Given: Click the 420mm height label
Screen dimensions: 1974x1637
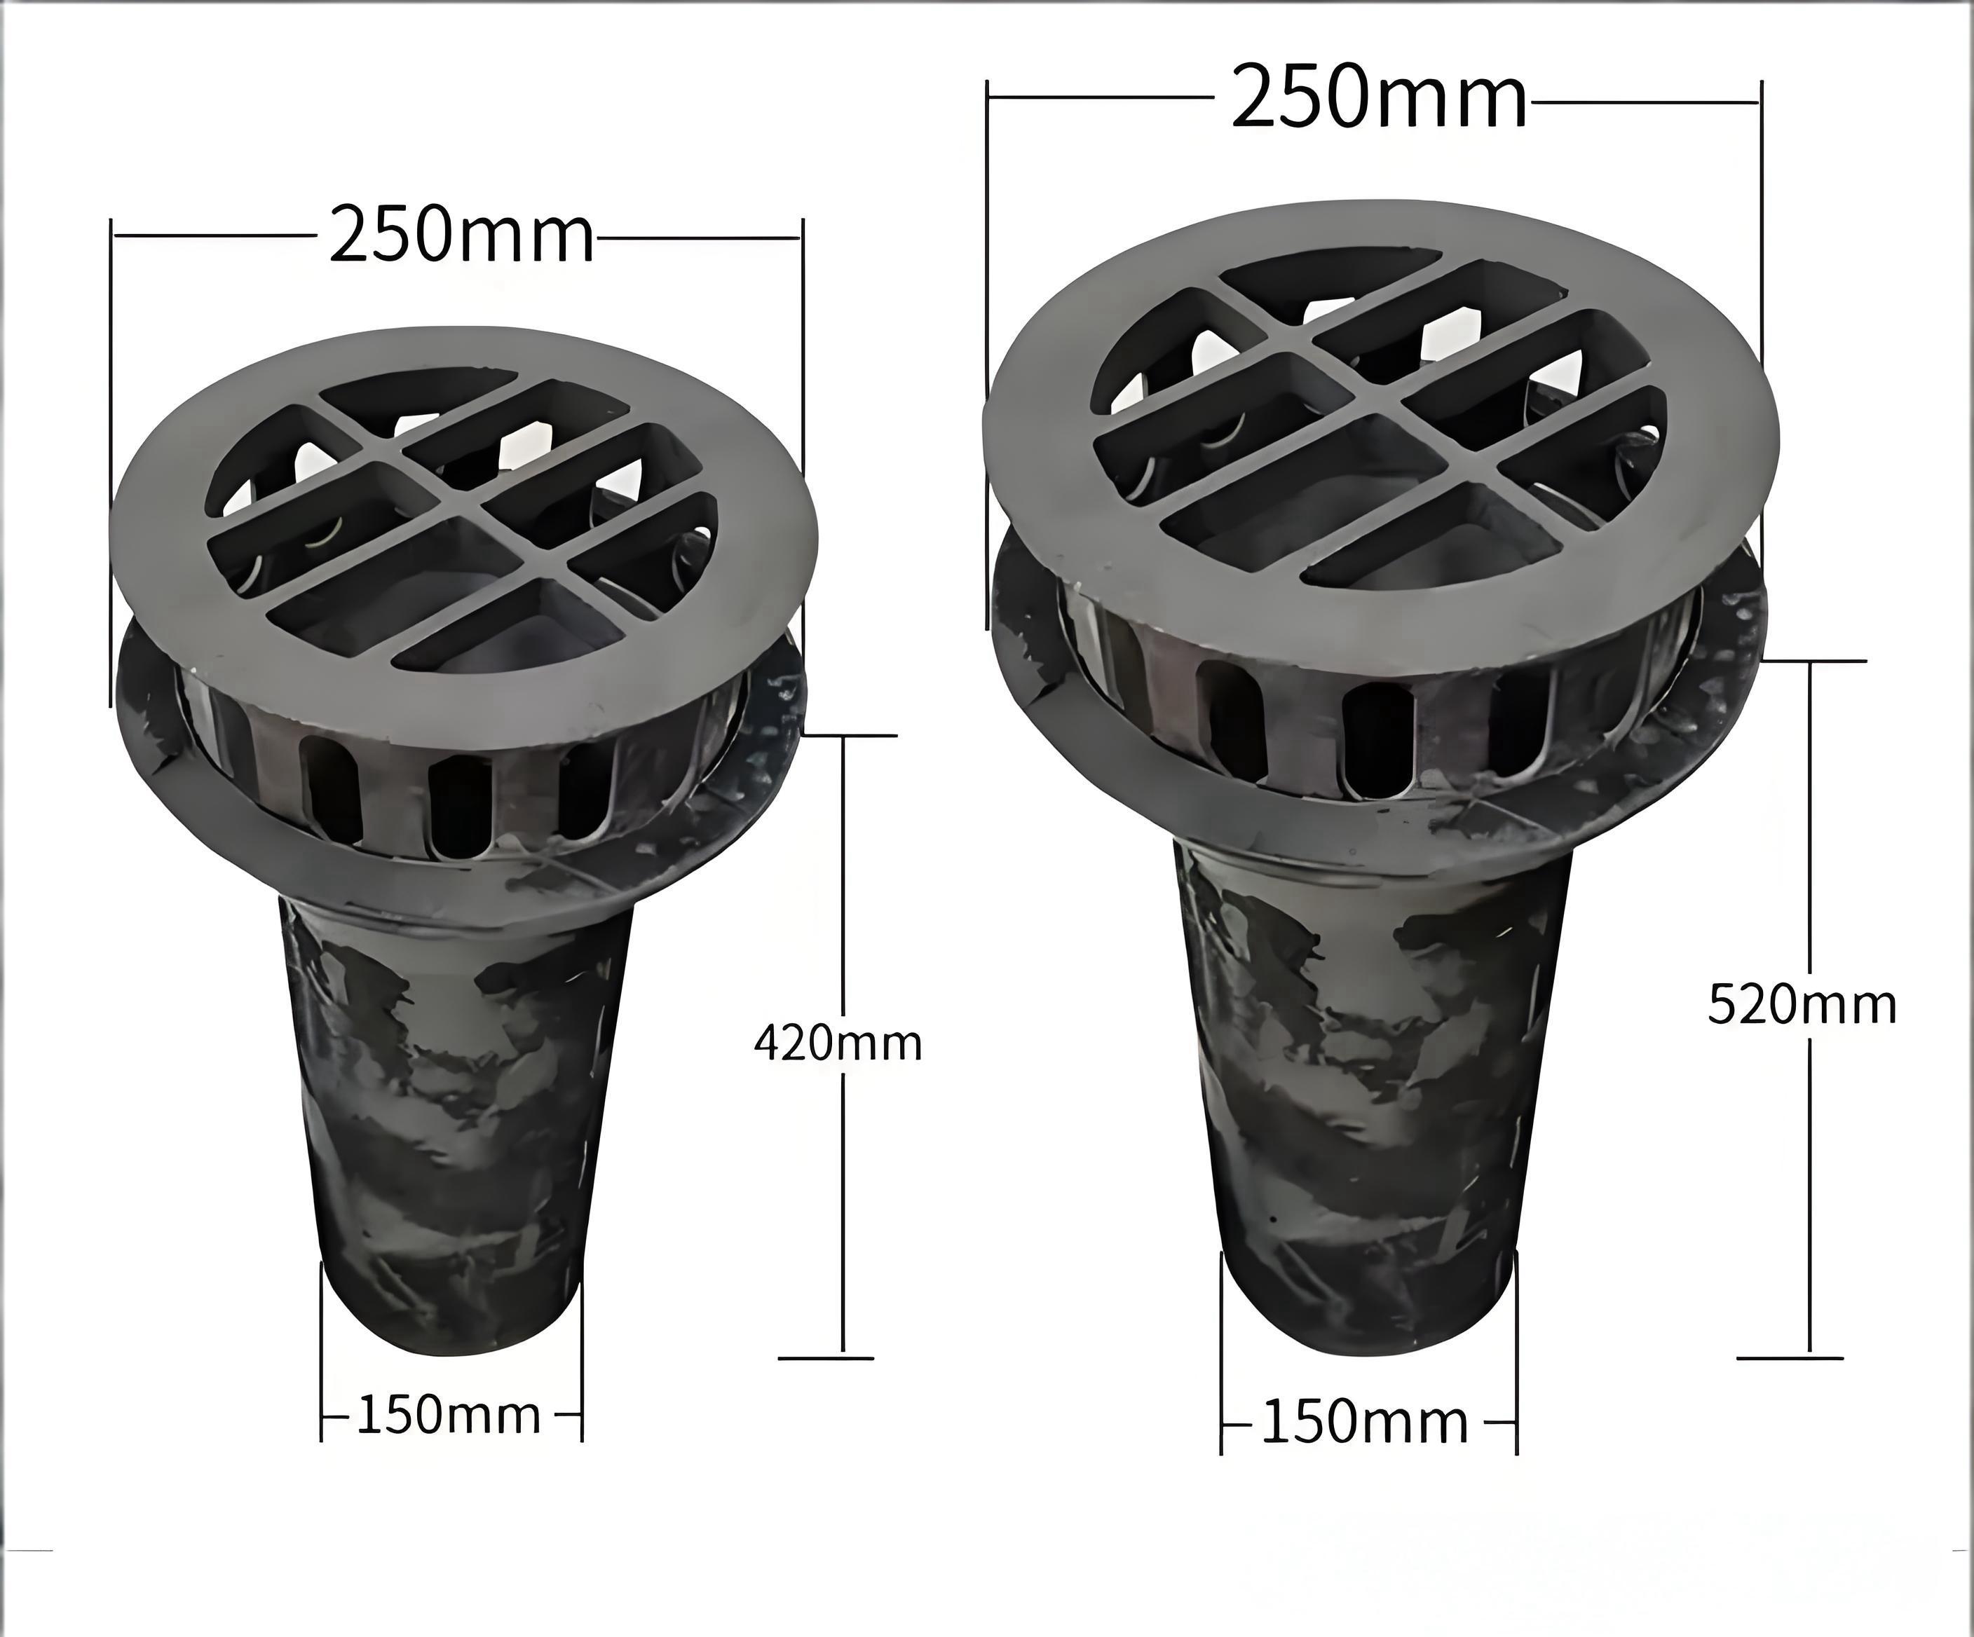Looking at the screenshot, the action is point(838,1043).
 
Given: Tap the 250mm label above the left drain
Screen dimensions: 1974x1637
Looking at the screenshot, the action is point(461,236).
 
